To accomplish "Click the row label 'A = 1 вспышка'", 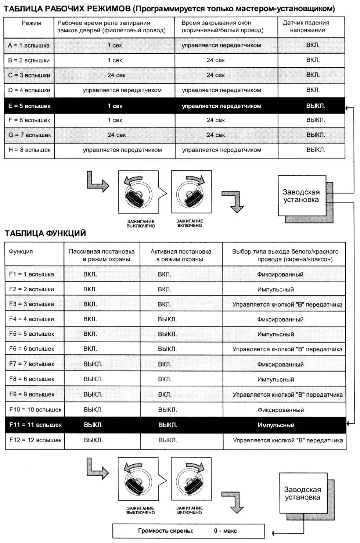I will pos(29,46).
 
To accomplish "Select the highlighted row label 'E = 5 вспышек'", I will pos(29,106).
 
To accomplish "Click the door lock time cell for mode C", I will pos(116,75).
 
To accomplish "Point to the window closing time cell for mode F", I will pos(216,120).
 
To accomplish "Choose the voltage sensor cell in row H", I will pos(316,150).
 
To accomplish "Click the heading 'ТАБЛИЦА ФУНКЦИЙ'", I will pos(45,233).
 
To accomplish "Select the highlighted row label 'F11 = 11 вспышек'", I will pos(35,425).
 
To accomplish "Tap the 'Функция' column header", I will pos(21,252).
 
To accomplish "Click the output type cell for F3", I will pos(287,304).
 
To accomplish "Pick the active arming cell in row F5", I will pos(167,334).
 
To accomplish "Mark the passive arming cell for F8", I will pos(93,379).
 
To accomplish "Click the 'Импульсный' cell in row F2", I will pos(276,290).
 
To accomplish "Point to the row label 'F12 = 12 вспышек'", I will pos(35,440).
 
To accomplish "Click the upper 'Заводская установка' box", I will pos(302,196).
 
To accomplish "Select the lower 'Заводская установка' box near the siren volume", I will pos(303,493).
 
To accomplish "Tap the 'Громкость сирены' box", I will pos(188,531).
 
